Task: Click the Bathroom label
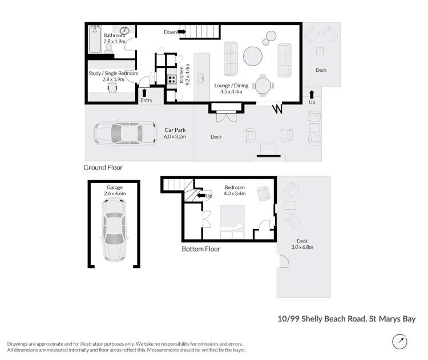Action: coord(114,35)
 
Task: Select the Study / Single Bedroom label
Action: coord(113,74)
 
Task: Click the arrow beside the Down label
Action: coord(183,32)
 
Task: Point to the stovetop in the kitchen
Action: coord(171,79)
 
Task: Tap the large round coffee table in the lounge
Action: coord(253,56)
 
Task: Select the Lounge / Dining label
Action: coord(228,86)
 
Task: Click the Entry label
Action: coord(147,100)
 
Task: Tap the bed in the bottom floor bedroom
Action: coord(232,223)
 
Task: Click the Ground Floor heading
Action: coord(103,168)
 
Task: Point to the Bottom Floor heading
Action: coord(200,249)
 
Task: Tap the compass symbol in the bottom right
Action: coord(401,342)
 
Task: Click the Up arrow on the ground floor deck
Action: coord(312,94)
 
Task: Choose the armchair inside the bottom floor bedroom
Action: coord(264,193)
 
